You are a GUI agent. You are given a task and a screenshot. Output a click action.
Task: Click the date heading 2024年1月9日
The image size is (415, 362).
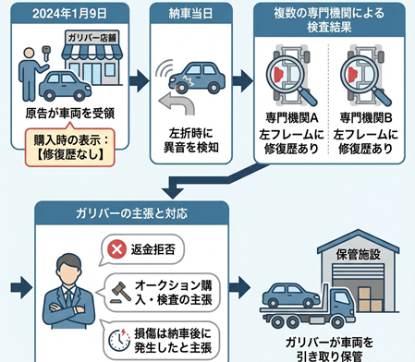click(65, 14)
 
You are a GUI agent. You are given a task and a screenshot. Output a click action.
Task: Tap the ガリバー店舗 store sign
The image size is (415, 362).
click(92, 38)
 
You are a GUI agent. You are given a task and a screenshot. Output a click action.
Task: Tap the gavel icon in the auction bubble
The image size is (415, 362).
click(117, 287)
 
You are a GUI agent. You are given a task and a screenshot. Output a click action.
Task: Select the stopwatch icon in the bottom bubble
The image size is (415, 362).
click(116, 334)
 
